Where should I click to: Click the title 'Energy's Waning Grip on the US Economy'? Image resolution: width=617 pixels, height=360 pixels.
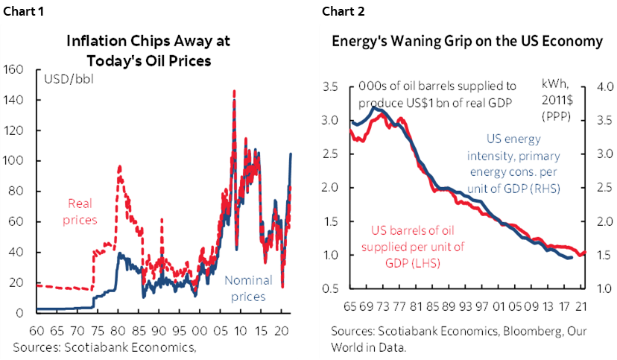(x=467, y=42)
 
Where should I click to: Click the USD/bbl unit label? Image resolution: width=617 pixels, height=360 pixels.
(x=69, y=79)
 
